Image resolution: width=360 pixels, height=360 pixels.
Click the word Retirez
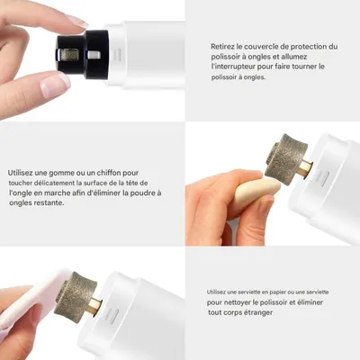pyautogui.click(x=225, y=47)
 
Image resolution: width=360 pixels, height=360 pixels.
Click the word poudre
pyautogui.click(x=143, y=192)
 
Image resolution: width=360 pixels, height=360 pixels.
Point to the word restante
pyautogui.click(x=44, y=202)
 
